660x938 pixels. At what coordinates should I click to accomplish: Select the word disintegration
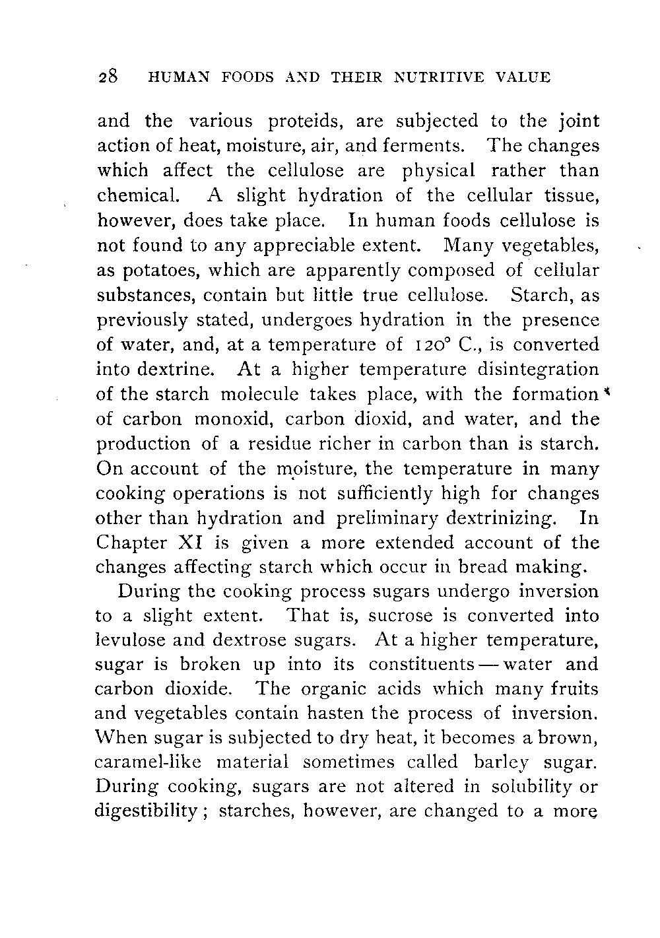[x=536, y=369]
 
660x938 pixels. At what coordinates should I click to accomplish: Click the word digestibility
[x=153, y=811]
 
